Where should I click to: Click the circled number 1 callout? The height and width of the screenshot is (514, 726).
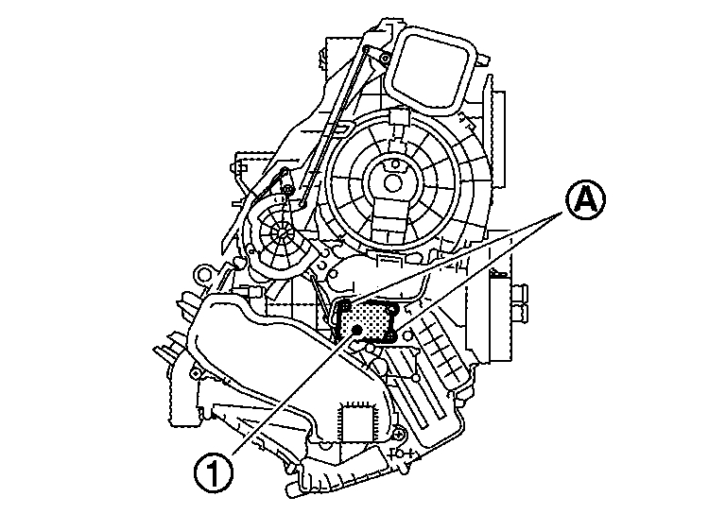(x=216, y=471)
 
